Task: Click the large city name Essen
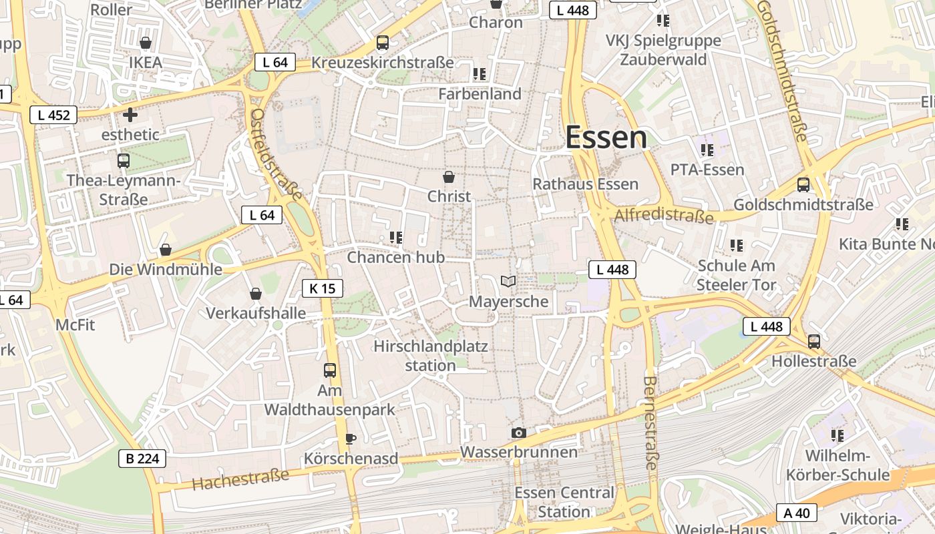606,138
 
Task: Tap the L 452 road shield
53,115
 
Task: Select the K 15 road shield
323,288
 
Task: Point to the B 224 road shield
142,459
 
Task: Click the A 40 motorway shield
797,513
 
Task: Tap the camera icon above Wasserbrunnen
518,433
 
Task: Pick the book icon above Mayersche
508,282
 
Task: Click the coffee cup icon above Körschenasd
350,439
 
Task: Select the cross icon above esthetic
130,115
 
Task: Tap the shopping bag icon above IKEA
146,43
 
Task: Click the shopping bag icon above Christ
449,177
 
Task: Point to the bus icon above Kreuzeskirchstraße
383,43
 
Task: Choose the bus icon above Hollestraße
813,342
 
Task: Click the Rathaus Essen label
585,184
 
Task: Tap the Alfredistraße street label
664,216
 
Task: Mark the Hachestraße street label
241,479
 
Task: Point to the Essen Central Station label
564,502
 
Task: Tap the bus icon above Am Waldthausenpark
330,370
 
